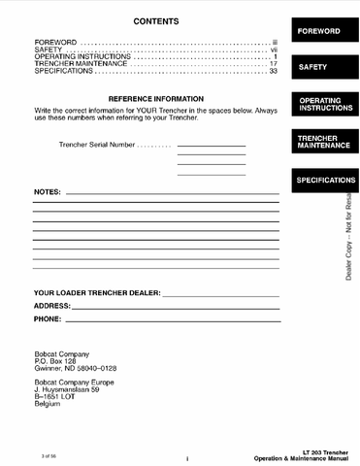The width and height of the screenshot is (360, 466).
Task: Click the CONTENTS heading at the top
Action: (155, 21)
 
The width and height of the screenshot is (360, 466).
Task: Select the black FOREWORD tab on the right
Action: (318, 31)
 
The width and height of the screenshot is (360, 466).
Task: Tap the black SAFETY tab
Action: (318, 68)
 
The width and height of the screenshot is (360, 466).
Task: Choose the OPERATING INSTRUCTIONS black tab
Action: (318, 104)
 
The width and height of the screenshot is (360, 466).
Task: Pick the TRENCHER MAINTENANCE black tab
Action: (318, 143)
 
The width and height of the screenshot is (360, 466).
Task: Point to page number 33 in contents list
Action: (274, 71)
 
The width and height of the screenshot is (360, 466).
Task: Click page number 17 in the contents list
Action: (274, 64)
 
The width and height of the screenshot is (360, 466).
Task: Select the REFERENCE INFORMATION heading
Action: (155, 99)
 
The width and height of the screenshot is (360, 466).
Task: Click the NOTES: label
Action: (47, 192)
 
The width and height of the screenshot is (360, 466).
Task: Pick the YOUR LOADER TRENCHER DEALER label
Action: (96, 292)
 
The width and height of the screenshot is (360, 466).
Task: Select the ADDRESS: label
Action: (51, 305)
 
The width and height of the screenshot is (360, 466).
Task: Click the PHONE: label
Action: (47, 318)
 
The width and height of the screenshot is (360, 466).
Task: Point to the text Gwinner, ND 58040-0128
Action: (75, 370)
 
